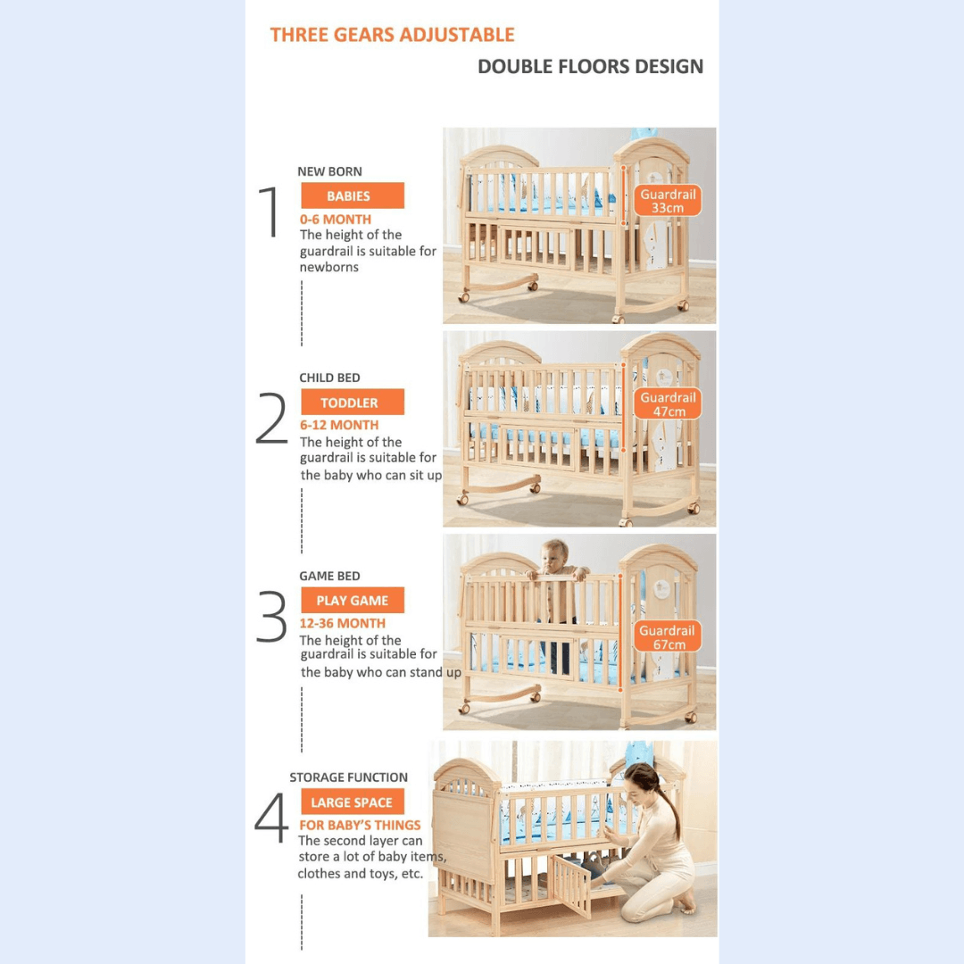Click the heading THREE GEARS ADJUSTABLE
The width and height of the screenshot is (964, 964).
(x=392, y=36)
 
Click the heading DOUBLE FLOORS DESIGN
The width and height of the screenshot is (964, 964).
(x=590, y=67)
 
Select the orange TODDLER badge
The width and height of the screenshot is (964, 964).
(x=352, y=403)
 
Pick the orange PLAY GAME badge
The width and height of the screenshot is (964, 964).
(x=352, y=601)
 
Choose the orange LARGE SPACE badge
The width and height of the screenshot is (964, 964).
(x=352, y=802)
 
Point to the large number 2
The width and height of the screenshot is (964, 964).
(x=271, y=419)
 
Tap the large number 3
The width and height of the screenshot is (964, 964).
(x=271, y=617)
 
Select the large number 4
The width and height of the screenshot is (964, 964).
(x=271, y=819)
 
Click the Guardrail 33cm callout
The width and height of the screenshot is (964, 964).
(x=668, y=201)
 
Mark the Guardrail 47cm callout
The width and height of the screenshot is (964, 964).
(x=668, y=404)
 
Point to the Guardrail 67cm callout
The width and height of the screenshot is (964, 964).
(x=668, y=637)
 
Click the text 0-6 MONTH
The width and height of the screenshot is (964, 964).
(x=336, y=220)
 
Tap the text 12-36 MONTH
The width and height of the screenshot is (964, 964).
(x=343, y=623)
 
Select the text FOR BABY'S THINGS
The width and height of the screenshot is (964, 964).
(x=360, y=825)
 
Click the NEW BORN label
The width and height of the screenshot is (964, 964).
(x=329, y=171)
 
